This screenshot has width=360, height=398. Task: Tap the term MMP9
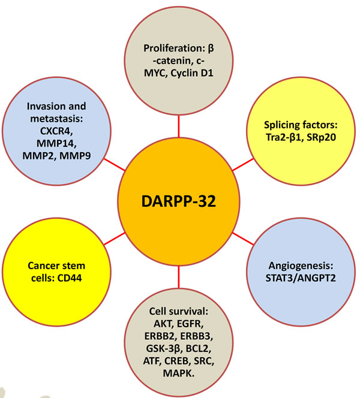click(x=82, y=155)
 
